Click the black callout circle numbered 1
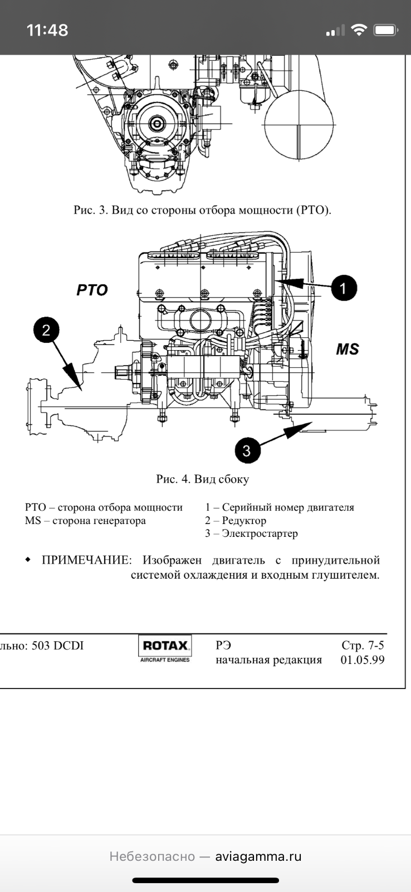(x=343, y=288)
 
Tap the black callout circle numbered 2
(x=46, y=329)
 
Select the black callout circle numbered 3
(x=247, y=450)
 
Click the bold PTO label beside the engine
(x=92, y=290)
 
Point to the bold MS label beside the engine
(x=347, y=350)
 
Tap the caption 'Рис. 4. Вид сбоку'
(x=203, y=479)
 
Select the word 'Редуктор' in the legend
(x=244, y=521)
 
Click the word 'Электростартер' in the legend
(x=260, y=534)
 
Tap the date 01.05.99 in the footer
(x=362, y=660)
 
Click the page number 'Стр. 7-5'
(x=363, y=646)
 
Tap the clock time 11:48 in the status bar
(x=47, y=30)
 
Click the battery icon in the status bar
(x=385, y=30)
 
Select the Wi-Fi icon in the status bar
(x=360, y=30)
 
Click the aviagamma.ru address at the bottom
(x=258, y=856)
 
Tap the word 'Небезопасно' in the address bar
(x=152, y=856)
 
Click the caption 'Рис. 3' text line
(x=203, y=210)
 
